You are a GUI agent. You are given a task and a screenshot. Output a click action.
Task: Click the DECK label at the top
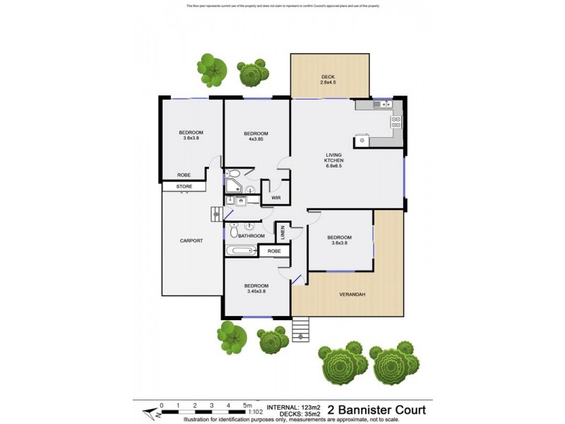pyautogui.click(x=328, y=76)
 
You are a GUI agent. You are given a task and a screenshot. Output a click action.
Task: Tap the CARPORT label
pyautogui.click(x=191, y=241)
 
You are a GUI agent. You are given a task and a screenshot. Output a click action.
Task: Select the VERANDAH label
pyautogui.click(x=351, y=294)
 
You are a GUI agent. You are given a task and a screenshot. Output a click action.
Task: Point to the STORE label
pyautogui.click(x=184, y=187)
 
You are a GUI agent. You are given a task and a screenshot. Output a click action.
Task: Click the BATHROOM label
pyautogui.click(x=251, y=236)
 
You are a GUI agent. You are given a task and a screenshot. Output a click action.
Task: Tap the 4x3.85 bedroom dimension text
pyautogui.click(x=256, y=139)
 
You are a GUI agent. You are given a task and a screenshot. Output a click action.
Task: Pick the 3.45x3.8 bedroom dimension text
pyautogui.click(x=256, y=292)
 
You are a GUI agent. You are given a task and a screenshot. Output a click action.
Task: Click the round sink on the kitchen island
pyautogui.click(x=362, y=141)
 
